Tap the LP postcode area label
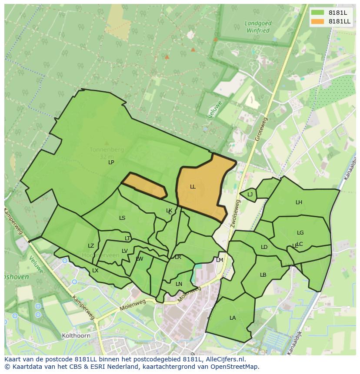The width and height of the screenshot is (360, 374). (x=111, y=162)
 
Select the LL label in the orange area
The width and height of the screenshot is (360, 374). (x=193, y=187)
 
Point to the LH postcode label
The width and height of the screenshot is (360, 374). (x=299, y=202)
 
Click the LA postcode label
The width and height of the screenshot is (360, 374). (x=233, y=318)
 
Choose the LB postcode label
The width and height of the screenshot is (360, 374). (x=263, y=275)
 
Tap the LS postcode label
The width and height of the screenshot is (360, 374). (x=122, y=218)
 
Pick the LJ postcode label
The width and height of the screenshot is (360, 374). (x=250, y=195)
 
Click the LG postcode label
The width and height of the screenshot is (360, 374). (x=300, y=233)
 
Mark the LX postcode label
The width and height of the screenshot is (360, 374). (x=95, y=271)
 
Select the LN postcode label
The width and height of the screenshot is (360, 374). (x=179, y=284)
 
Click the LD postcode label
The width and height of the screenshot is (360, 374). (x=264, y=247)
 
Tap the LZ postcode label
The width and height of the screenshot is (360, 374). (x=91, y=246)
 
